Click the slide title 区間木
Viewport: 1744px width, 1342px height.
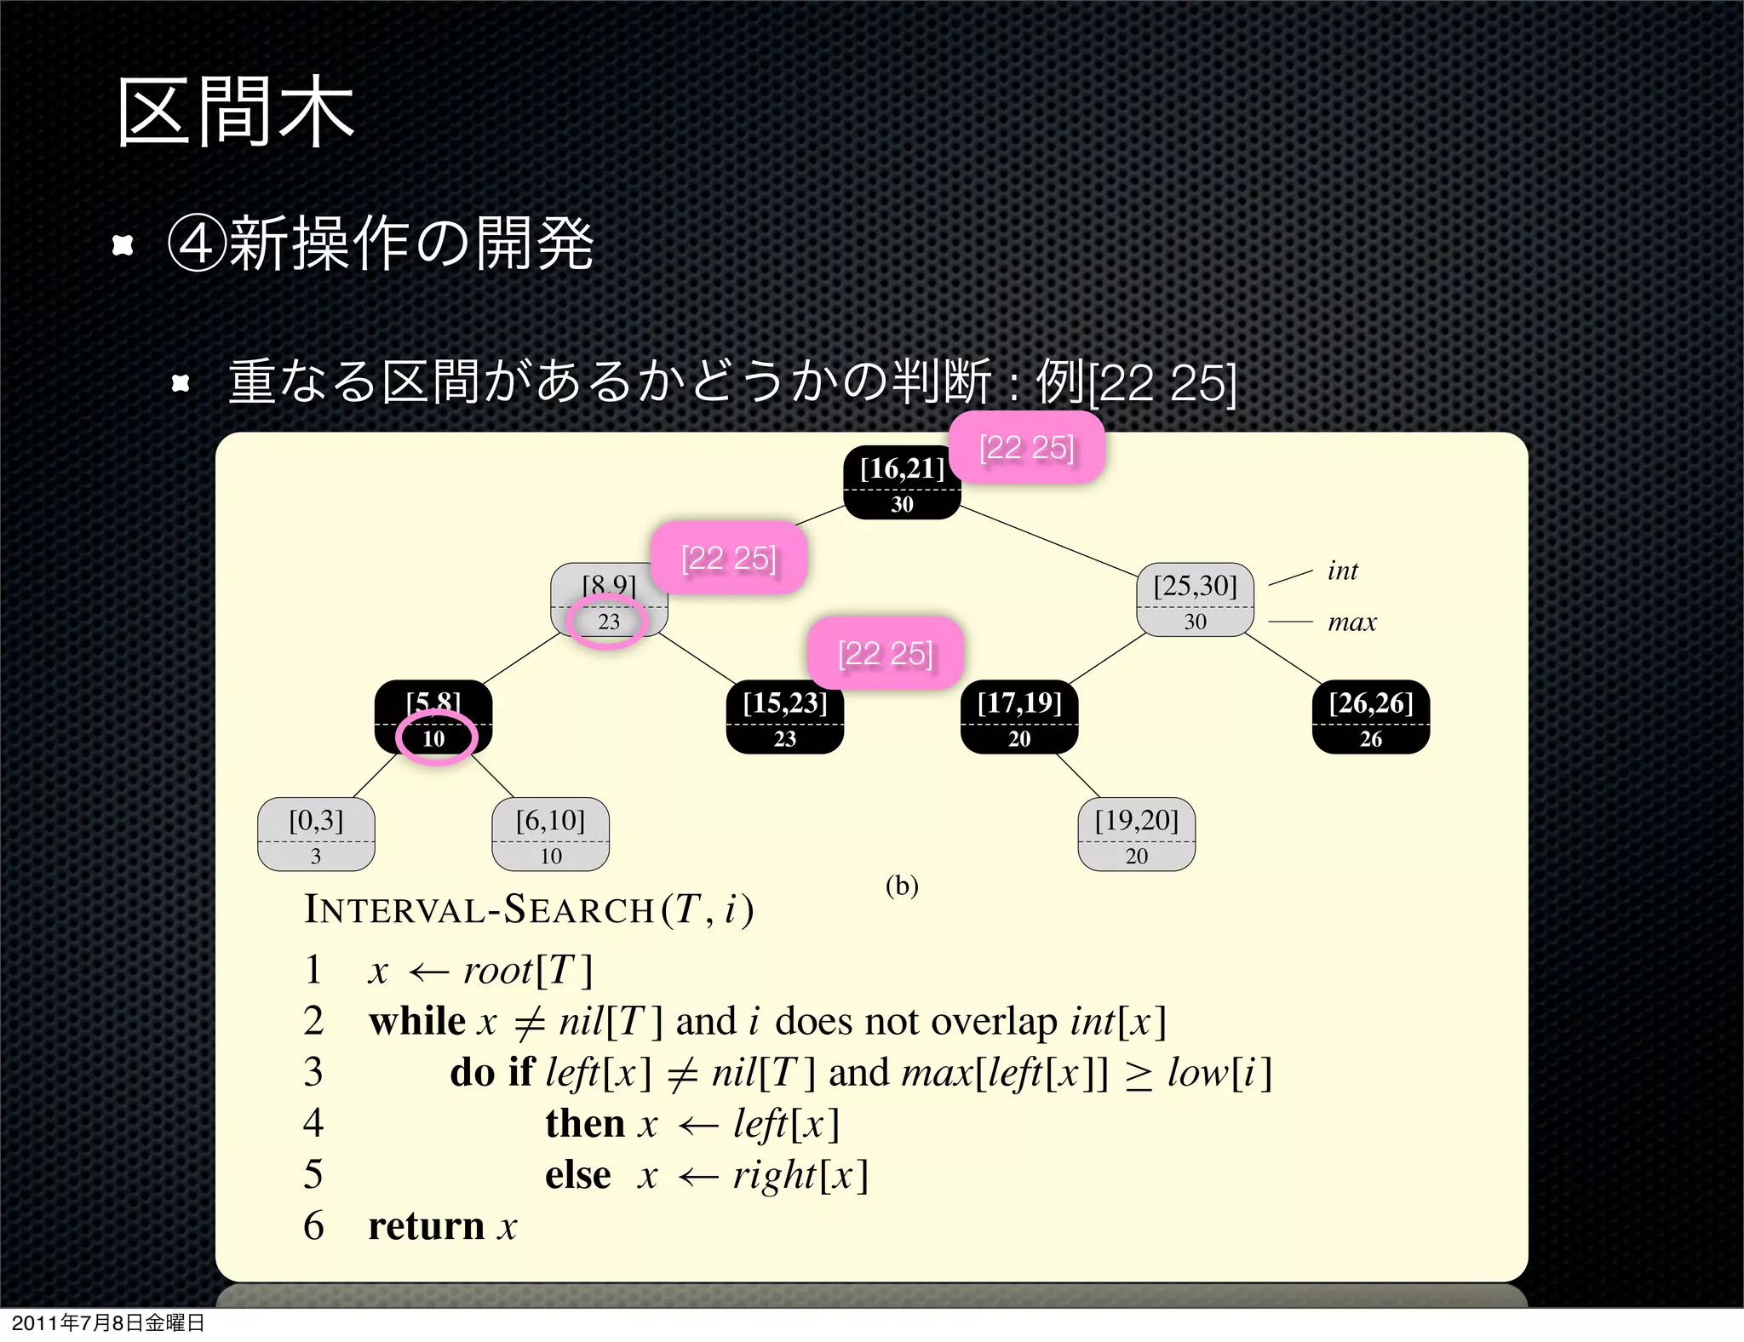point(235,112)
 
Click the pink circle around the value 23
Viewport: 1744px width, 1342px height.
point(607,622)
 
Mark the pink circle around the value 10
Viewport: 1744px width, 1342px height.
point(435,737)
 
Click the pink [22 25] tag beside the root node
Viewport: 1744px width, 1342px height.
point(1026,448)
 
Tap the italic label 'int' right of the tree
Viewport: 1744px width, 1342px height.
point(1342,571)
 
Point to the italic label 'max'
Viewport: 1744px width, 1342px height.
point(1351,622)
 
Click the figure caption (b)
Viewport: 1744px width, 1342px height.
point(902,886)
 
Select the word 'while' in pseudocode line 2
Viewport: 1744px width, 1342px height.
point(417,1021)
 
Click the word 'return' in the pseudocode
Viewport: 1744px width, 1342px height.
point(426,1226)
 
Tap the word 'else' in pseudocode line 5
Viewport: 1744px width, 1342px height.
point(577,1175)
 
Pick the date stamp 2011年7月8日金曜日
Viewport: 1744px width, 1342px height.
point(108,1322)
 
